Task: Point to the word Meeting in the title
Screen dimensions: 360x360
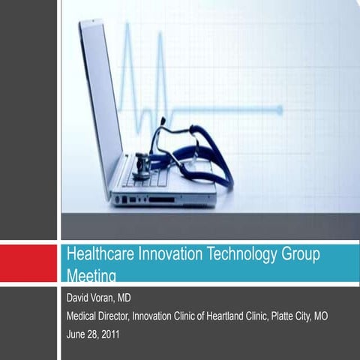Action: coord(91,275)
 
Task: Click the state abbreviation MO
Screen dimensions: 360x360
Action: coord(320,316)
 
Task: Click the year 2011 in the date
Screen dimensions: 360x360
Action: coord(109,333)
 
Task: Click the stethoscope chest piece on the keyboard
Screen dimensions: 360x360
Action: coord(141,166)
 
